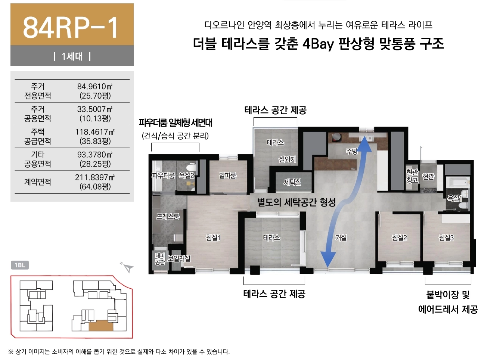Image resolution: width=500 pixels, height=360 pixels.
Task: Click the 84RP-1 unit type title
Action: coord(71,28)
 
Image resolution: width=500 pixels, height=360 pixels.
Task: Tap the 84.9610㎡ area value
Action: coord(94,86)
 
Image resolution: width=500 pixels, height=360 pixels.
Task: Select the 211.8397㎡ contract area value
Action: coord(94,177)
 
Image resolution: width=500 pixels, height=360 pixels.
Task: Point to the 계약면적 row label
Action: coord(37,182)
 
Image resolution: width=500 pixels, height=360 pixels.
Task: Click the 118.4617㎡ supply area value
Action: coord(94,132)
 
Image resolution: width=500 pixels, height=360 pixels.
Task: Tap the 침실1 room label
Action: coord(213,238)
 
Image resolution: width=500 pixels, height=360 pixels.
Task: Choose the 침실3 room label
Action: coord(446,238)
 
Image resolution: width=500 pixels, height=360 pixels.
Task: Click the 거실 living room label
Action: coord(341,238)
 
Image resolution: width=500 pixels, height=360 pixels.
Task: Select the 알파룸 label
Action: coord(227,176)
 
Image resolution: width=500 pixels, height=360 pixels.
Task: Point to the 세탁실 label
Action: coord(292,182)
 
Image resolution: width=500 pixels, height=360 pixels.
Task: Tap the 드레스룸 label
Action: coord(168,216)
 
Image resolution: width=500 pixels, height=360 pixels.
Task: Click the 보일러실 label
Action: coord(179,258)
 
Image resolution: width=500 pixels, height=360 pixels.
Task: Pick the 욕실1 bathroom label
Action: coord(454,198)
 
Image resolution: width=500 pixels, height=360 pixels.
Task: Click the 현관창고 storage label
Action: coord(412,176)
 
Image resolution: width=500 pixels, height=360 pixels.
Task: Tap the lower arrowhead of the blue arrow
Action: coord(328,259)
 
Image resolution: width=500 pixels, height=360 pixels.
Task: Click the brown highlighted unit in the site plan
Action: coord(101,326)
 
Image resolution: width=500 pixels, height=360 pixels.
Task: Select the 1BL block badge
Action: coord(20,265)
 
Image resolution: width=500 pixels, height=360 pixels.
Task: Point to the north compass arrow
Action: coord(128,268)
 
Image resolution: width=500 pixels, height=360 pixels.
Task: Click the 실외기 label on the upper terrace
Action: coord(287,159)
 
